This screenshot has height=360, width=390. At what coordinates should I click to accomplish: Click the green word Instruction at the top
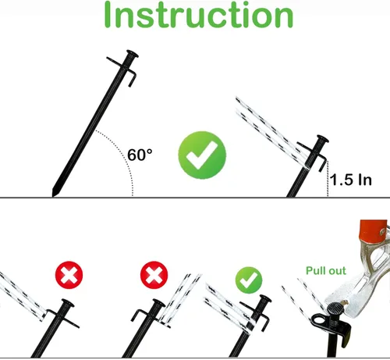tap(199, 15)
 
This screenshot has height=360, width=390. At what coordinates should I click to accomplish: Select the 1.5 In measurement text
tap(351, 180)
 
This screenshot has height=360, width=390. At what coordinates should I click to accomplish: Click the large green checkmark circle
tap(202, 155)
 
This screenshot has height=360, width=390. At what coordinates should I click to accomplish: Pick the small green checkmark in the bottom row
tap(249, 280)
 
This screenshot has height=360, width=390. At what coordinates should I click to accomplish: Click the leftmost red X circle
tap(69, 275)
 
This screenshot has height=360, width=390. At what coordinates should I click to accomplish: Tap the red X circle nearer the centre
tap(154, 275)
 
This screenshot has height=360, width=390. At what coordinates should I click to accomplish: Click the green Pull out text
tap(326, 271)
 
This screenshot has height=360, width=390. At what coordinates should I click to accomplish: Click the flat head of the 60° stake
tap(133, 53)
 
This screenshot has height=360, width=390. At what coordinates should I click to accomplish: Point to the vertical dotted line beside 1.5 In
tap(328, 179)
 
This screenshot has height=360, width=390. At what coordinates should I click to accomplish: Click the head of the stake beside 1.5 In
tap(323, 138)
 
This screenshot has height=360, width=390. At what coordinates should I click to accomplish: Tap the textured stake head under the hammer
tap(335, 308)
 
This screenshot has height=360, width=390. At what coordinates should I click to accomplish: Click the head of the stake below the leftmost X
tap(68, 303)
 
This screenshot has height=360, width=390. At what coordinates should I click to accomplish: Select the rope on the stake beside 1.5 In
tap(271, 132)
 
